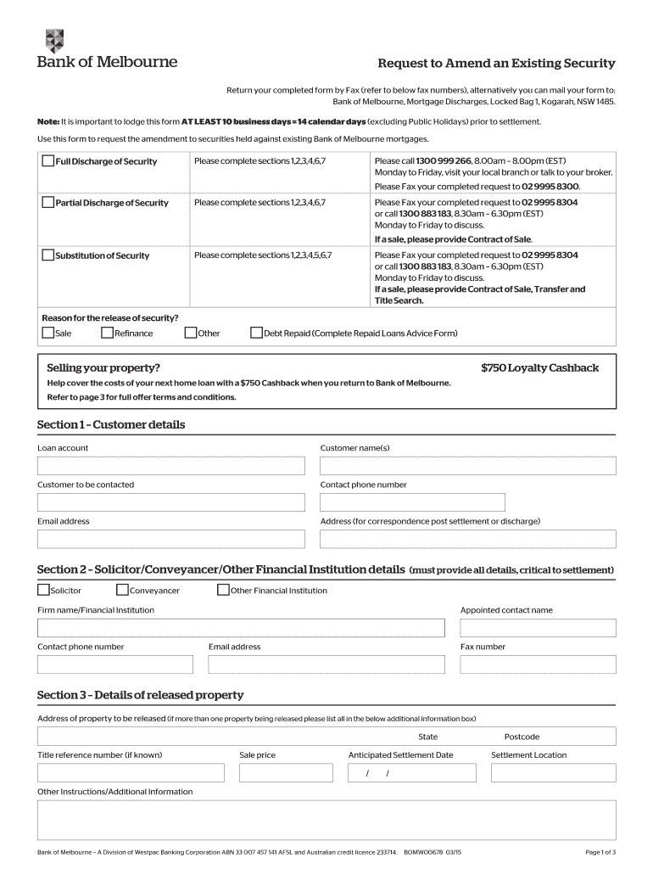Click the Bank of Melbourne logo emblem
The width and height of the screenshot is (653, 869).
coord(53,41)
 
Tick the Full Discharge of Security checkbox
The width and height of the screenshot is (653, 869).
coord(48,161)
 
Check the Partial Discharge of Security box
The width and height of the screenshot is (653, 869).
coord(48,202)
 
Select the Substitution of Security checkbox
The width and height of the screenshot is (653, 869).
coord(48,255)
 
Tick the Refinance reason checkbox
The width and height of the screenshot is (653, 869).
coord(108,333)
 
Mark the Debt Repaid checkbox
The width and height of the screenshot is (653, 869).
coord(257,333)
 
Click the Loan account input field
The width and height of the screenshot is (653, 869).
coord(170,466)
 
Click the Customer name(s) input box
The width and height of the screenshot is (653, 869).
coord(467,466)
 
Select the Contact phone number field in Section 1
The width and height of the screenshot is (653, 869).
coord(412,502)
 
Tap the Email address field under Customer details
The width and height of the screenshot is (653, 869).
coord(170,539)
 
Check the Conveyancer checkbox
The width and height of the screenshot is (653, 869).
coord(122,590)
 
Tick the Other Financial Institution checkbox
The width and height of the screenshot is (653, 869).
coord(224,590)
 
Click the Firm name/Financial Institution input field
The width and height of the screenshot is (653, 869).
coord(241,628)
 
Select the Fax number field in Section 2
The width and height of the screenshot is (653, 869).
coord(538,664)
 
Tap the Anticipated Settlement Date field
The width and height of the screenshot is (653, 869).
coord(412,773)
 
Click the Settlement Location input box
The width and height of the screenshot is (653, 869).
coord(553,773)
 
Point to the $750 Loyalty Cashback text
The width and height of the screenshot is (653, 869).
coord(539,367)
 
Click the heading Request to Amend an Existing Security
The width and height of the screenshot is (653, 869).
coord(496,64)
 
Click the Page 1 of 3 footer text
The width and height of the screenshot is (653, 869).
coord(600,852)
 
